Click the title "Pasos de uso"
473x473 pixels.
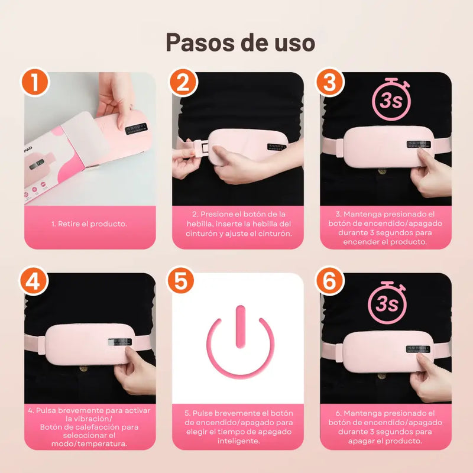239,42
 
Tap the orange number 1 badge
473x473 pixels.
36,82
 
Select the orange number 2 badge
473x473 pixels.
183,82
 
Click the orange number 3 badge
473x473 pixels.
329,82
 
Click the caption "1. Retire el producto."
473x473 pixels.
90,224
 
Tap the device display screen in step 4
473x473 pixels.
120,344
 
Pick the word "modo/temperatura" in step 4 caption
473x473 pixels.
91,443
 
